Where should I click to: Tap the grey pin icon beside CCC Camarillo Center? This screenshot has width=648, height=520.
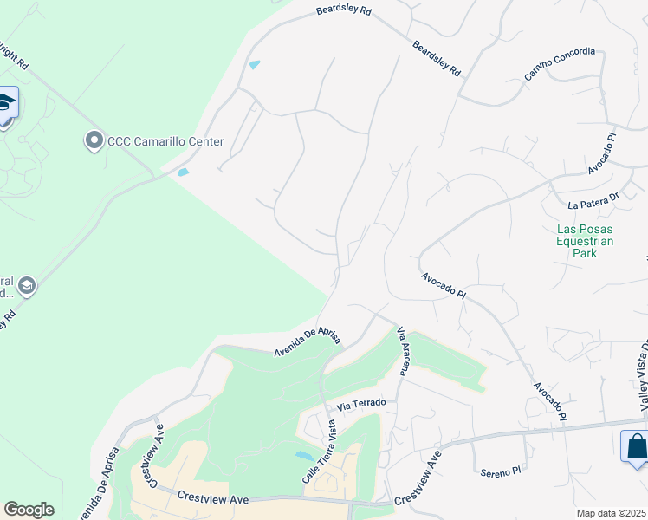click(94, 140)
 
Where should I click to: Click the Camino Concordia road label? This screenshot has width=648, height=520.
click(560, 65)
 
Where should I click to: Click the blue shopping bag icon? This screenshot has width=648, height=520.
click(636, 446)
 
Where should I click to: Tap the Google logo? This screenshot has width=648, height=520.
click(29, 510)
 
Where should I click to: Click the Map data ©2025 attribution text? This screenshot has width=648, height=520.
click(612, 513)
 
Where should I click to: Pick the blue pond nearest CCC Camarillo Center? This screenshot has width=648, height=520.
click(183, 172)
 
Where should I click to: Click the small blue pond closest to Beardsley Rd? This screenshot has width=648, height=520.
click(254, 65)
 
